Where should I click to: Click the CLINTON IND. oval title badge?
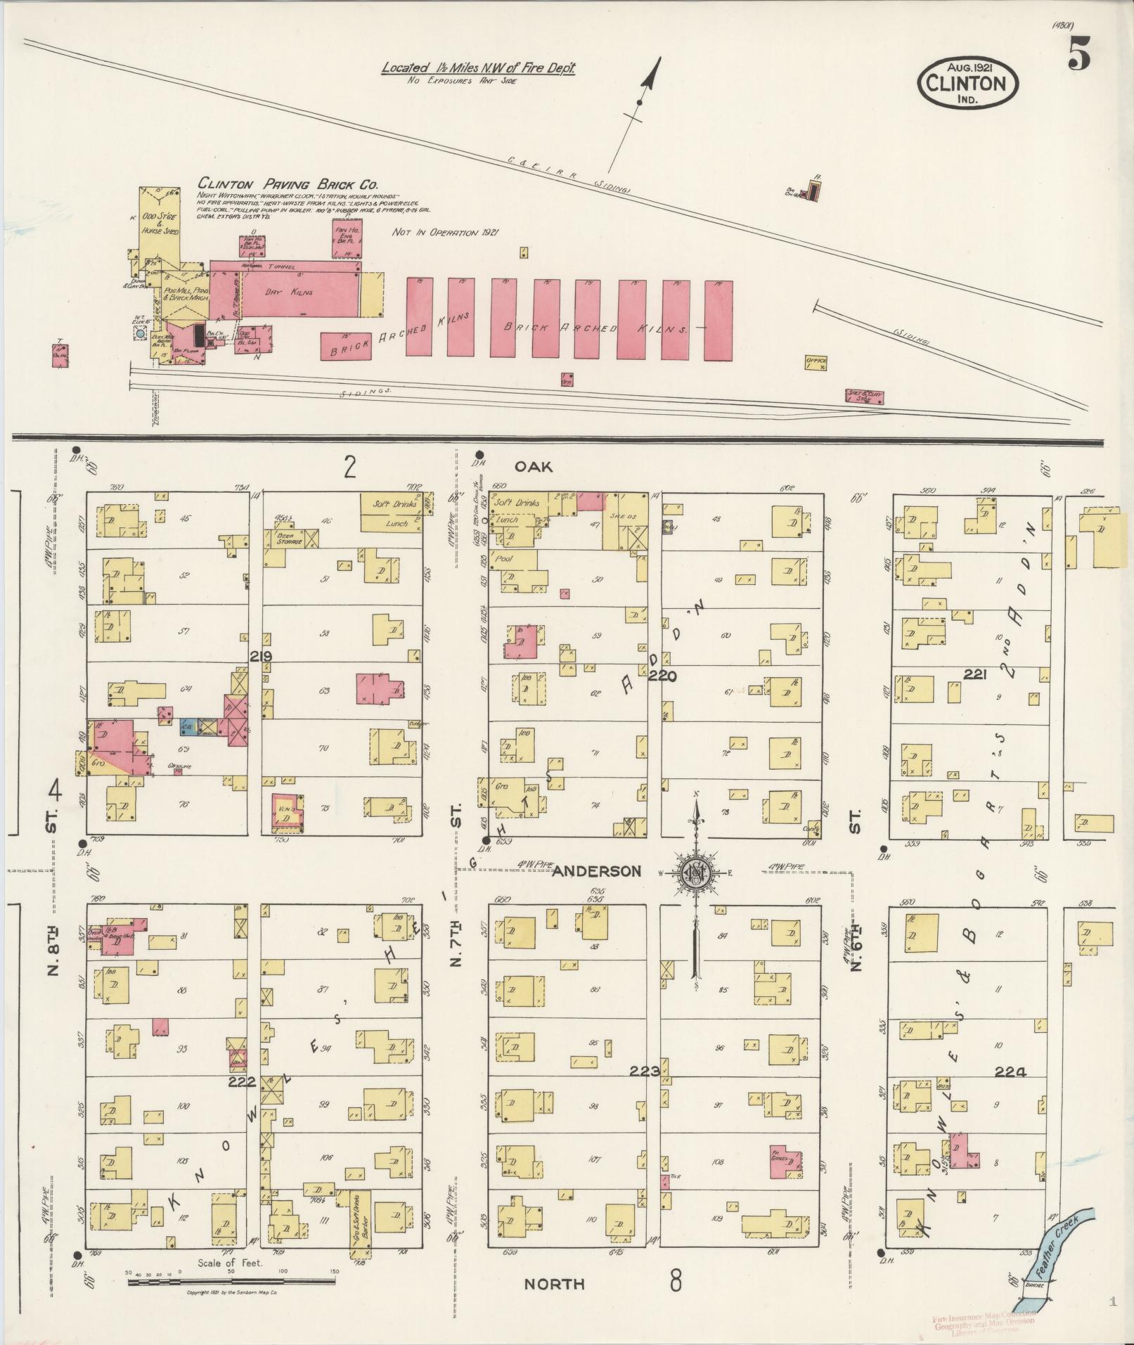(x=967, y=83)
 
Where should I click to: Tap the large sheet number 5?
(x=1078, y=54)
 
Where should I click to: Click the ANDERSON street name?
(x=596, y=871)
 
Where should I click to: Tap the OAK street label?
(x=533, y=466)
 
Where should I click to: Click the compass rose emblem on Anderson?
(x=696, y=873)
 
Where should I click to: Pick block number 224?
(x=1010, y=1092)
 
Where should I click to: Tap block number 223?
(x=644, y=1091)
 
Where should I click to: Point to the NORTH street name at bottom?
(x=555, y=1284)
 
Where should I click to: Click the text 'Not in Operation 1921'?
(x=444, y=232)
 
